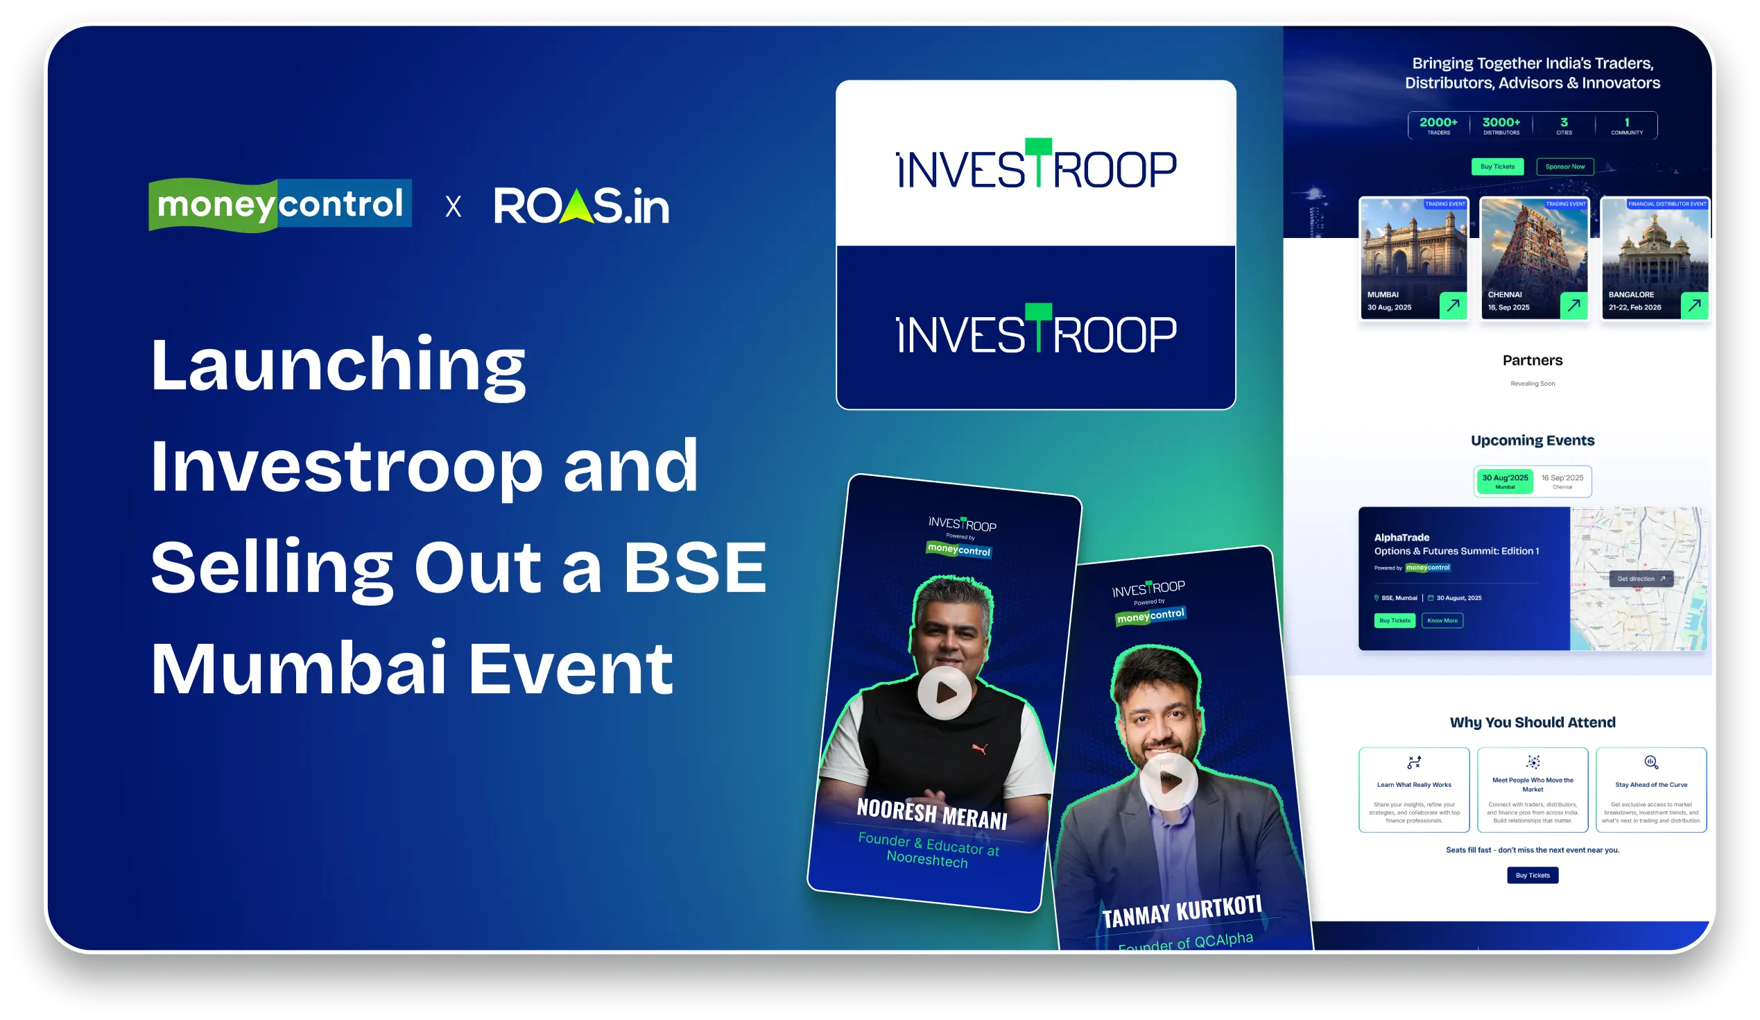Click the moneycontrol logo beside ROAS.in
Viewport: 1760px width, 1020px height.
pos(279,205)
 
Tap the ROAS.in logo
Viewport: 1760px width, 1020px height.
pos(581,206)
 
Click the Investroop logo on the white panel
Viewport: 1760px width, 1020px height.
pos(1036,166)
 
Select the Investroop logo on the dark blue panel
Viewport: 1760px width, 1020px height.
pos(1036,330)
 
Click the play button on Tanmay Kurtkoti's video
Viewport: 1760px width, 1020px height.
pos(1168,781)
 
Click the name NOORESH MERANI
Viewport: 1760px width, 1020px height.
pos(932,813)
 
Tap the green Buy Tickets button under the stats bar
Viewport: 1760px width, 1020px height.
pos(1497,167)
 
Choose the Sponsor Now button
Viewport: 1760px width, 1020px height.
pos(1564,167)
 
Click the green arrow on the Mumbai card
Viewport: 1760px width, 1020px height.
pos(1453,305)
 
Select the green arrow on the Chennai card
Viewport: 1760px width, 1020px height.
pos(1573,305)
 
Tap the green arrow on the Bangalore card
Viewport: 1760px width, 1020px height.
pos(1694,305)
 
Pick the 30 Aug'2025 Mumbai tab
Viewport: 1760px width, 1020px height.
pos(1505,481)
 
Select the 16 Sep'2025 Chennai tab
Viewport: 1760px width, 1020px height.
pos(1562,481)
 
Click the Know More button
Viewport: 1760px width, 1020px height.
pos(1442,620)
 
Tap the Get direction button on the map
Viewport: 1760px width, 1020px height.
pos(1641,579)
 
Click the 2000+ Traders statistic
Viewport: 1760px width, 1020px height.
pos(1438,125)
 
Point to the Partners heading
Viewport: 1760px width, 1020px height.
pos(1533,361)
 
